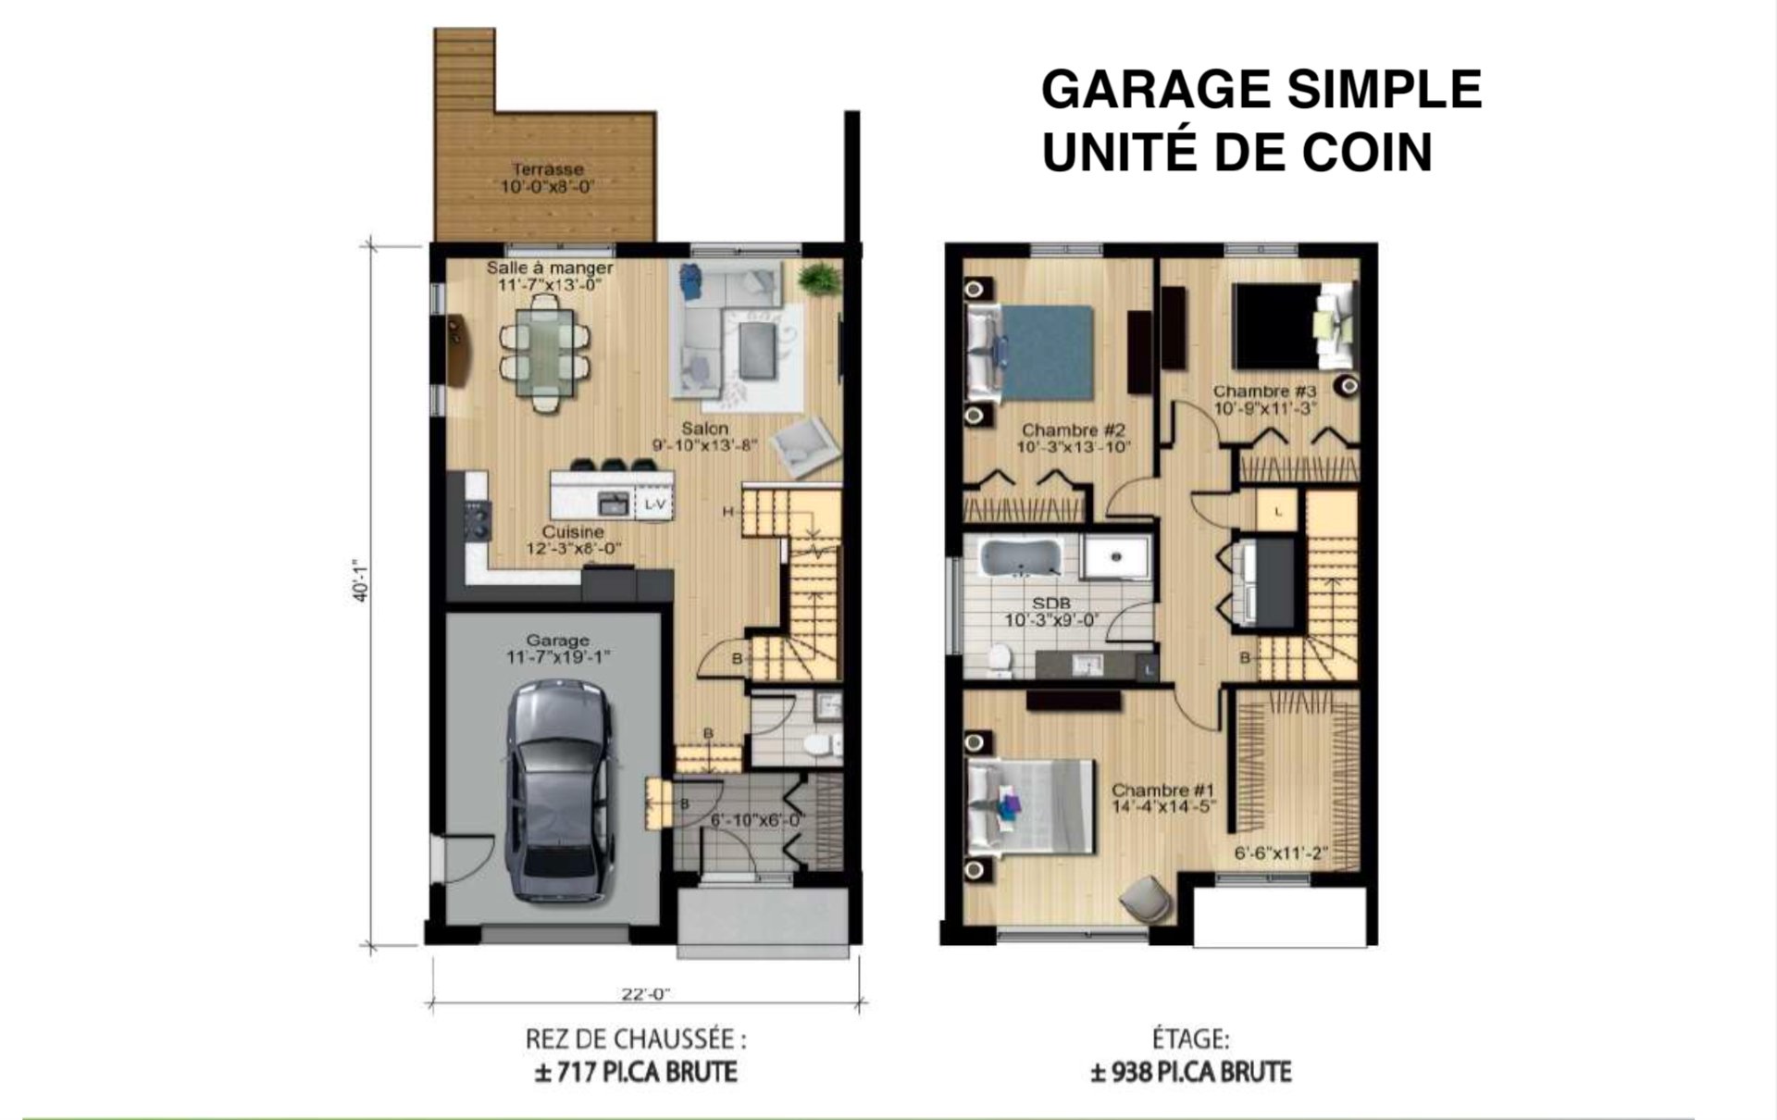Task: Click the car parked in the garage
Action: [x=559, y=791]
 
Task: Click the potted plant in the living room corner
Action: [x=819, y=279]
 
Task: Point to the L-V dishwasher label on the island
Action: [x=654, y=504]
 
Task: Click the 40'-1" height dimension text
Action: [x=361, y=579]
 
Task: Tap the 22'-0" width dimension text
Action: [x=645, y=995]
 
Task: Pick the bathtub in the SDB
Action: [x=1018, y=559]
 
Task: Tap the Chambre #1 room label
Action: [x=1162, y=790]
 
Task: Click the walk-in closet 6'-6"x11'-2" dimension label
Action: [x=1281, y=853]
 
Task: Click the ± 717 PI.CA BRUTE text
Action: [x=636, y=1073]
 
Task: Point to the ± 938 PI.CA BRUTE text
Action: [x=1190, y=1073]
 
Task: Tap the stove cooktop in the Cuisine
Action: [x=478, y=519]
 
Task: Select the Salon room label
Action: [x=705, y=429]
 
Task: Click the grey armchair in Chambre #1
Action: [x=1146, y=899]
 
